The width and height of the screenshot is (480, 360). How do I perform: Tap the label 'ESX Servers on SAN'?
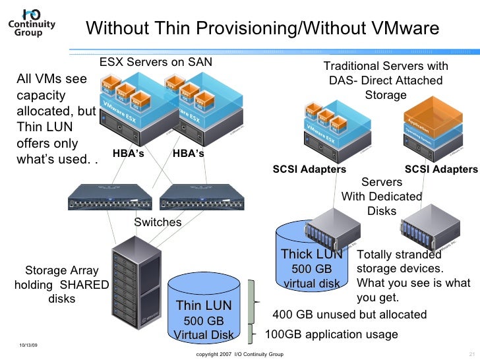[x=156, y=63]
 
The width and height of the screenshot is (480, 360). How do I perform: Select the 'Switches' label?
[x=158, y=222]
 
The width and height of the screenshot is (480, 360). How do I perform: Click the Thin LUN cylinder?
[x=204, y=310]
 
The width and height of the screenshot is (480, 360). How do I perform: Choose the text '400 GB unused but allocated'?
[x=349, y=315]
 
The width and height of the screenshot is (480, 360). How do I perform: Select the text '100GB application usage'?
[x=331, y=334]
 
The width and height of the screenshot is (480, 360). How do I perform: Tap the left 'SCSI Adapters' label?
[x=309, y=169]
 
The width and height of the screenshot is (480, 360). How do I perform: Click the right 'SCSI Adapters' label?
[x=441, y=169]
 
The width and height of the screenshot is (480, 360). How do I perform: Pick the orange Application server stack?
[x=436, y=122]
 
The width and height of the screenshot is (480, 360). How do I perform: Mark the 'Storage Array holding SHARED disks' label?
[x=61, y=284]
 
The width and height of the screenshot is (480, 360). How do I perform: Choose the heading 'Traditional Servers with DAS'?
[x=386, y=80]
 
